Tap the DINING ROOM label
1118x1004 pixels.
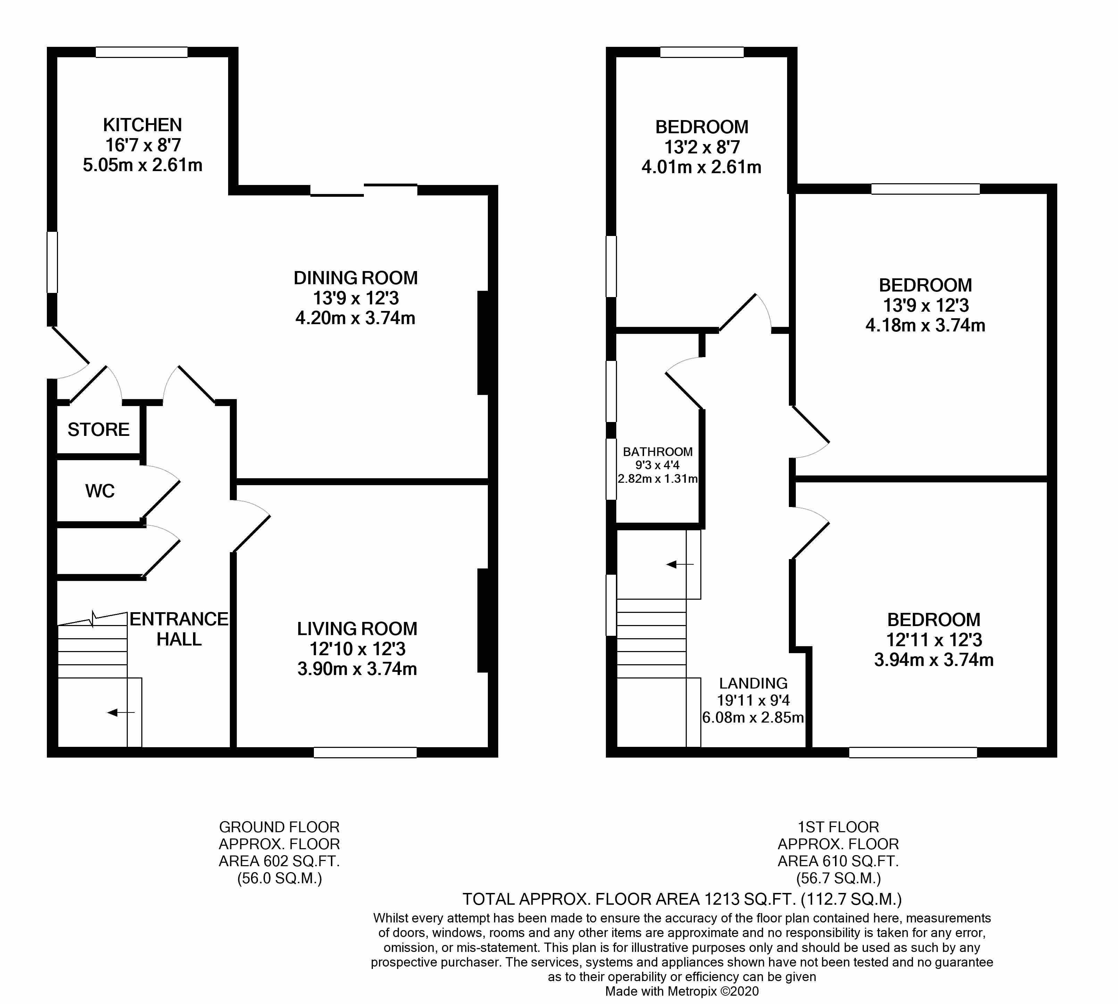[356, 278]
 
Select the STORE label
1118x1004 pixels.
[98, 430]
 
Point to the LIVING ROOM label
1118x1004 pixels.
[357, 629]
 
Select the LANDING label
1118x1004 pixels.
[753, 683]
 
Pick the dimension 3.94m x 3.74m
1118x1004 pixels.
[934, 660]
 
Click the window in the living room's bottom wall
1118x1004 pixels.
[365, 752]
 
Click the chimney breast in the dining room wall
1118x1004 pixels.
[483, 343]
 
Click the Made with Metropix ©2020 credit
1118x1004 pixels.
[682, 991]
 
